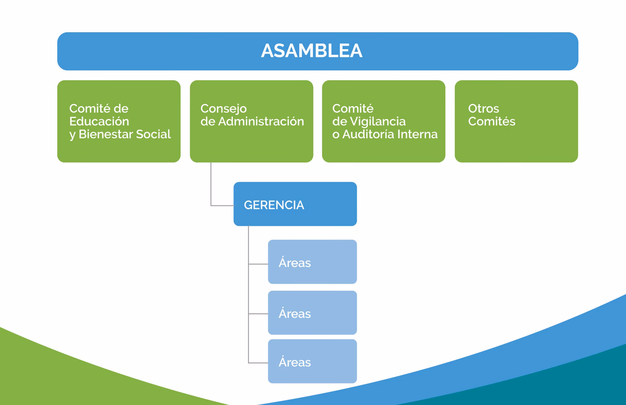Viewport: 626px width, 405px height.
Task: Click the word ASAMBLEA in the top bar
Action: click(311, 51)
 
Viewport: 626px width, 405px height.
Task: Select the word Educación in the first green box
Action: click(99, 121)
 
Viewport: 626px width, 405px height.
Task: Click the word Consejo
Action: click(223, 109)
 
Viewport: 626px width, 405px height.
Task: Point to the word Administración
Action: click(261, 121)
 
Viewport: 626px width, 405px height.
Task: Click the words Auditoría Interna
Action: click(390, 134)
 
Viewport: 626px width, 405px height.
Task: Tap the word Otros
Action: click(483, 108)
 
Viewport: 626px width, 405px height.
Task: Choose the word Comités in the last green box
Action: click(491, 121)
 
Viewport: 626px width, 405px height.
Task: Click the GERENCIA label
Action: click(274, 205)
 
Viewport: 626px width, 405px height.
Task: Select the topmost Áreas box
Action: click(312, 262)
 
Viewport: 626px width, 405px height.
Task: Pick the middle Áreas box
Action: click(312, 313)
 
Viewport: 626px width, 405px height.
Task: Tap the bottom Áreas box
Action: click(312, 361)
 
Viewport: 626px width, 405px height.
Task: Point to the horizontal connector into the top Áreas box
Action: click(258, 264)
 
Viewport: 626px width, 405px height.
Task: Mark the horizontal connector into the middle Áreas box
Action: click(258, 314)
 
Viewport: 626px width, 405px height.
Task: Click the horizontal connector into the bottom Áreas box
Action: click(258, 363)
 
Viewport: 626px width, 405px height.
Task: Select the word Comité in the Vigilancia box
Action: click(352, 109)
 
